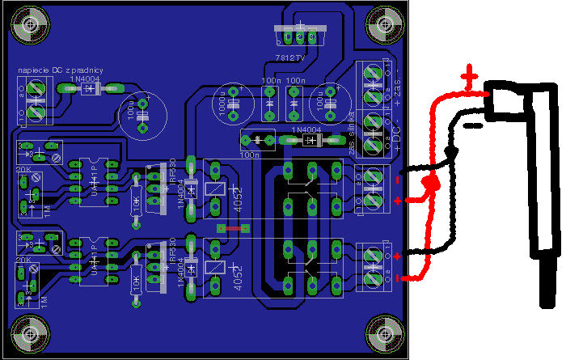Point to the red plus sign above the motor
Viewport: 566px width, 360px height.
click(x=470, y=79)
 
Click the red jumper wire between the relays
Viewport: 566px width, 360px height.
click(x=233, y=229)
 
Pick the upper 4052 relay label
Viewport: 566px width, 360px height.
click(x=238, y=200)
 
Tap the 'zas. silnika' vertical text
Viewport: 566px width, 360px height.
click(x=350, y=143)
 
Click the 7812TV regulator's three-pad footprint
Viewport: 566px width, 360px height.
click(x=300, y=36)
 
